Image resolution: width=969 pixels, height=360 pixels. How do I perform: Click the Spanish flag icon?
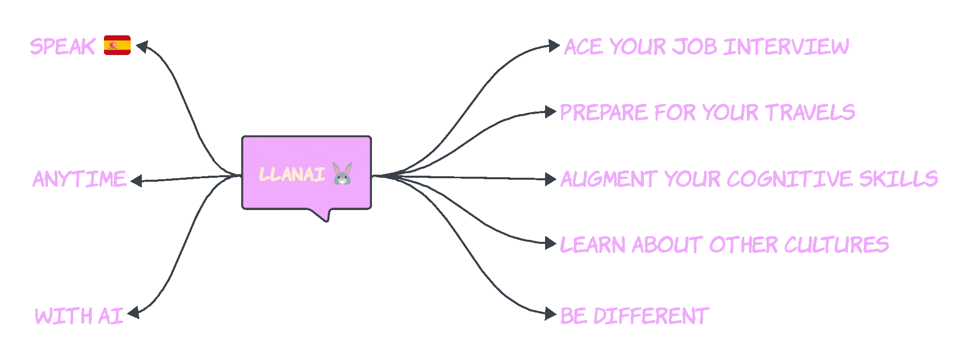tap(117, 45)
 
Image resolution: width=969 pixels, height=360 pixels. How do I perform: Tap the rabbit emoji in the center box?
tap(342, 174)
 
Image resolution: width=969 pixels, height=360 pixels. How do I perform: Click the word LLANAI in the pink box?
tap(292, 175)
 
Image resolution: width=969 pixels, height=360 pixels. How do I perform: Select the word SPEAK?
tap(63, 46)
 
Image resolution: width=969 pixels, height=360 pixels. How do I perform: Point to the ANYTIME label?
tap(79, 179)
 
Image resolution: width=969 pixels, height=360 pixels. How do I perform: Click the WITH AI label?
tap(79, 317)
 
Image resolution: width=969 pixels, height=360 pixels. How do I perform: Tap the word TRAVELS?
tap(810, 112)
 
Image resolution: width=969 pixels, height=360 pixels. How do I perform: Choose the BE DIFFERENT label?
tap(635, 316)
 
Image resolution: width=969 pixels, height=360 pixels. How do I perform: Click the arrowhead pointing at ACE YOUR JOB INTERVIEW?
tap(555, 46)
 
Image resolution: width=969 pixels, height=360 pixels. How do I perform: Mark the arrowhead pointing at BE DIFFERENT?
tap(551, 314)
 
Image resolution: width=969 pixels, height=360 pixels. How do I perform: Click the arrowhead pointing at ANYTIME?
tap(136, 181)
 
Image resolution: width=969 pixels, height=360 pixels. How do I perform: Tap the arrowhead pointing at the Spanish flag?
tap(142, 47)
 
